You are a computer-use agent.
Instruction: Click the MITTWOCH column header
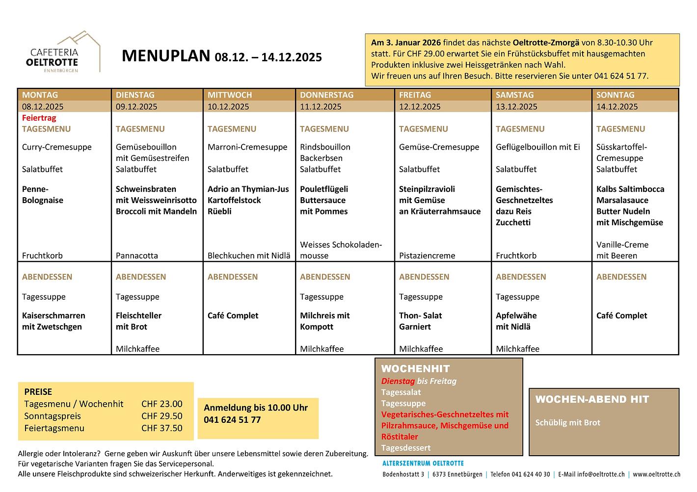(229, 95)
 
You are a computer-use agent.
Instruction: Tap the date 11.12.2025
(321, 106)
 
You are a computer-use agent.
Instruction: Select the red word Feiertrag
(39, 118)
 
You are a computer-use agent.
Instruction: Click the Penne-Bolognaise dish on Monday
(42, 195)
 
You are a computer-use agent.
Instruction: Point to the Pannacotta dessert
(136, 256)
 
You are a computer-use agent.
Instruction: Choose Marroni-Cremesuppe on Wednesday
(247, 147)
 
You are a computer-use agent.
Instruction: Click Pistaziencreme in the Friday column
(427, 256)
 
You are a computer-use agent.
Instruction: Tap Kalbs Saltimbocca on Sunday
(630, 189)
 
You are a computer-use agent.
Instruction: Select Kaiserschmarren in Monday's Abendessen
(54, 315)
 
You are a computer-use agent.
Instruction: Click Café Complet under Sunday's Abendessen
(621, 315)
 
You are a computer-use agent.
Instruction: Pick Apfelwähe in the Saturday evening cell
(516, 315)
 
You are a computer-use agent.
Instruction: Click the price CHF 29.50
(161, 416)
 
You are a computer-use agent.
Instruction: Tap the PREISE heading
(38, 392)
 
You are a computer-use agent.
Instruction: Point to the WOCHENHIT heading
(415, 369)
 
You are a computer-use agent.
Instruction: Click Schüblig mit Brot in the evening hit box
(567, 422)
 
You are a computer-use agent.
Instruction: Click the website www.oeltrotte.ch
(656, 474)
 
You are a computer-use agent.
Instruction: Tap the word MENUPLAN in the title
(165, 56)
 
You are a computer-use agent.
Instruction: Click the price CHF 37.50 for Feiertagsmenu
(161, 428)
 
